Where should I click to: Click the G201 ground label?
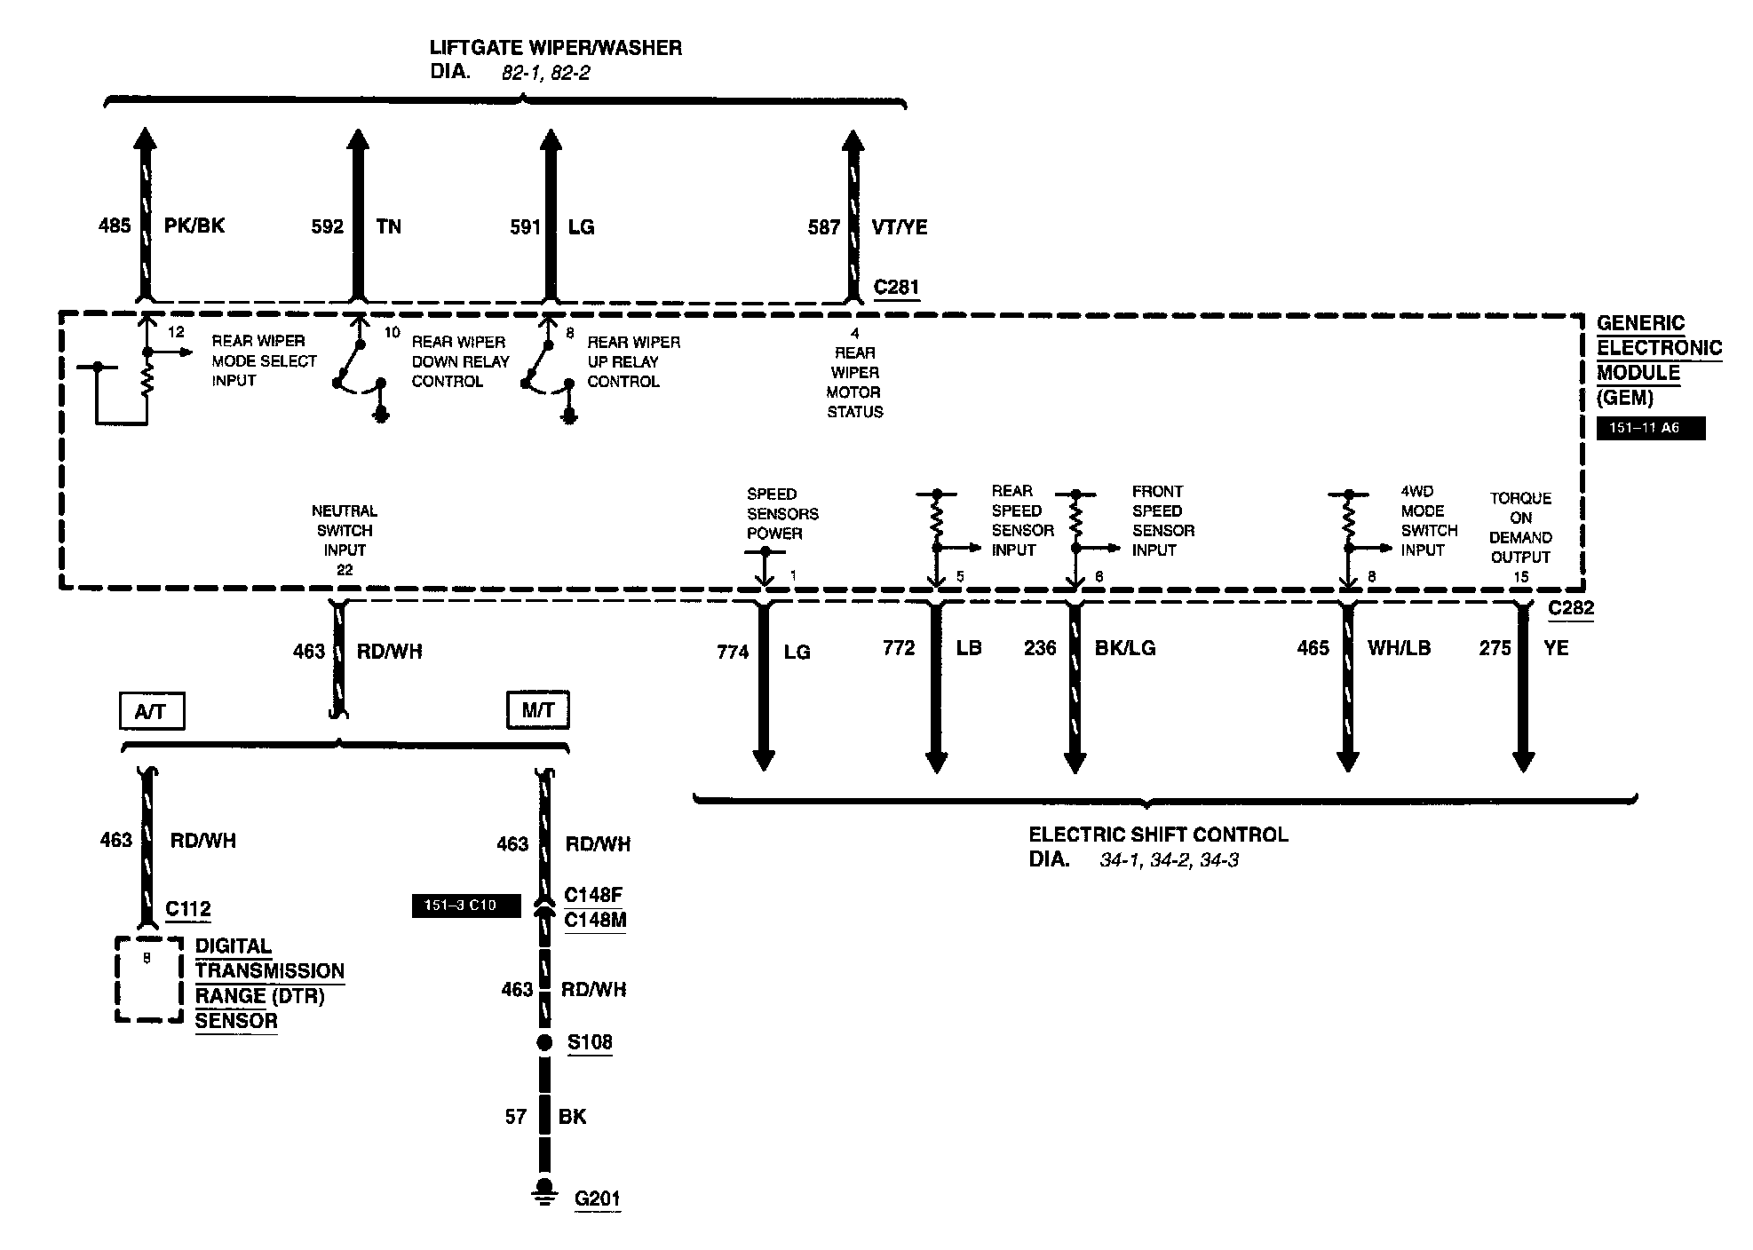coord(597,1199)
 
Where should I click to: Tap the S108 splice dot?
coord(544,1043)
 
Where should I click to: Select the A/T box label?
coord(151,711)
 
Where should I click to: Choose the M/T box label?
coord(537,710)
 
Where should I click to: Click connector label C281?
coord(896,288)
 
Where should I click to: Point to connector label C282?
coord(1571,609)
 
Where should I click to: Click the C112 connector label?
coord(188,909)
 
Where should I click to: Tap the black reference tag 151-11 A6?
coord(1650,428)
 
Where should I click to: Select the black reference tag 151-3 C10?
coord(465,906)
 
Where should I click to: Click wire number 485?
coord(115,225)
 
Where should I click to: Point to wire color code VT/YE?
coord(899,227)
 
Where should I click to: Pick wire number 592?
coord(327,226)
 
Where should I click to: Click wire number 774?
coord(733,653)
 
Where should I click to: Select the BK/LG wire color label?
coord(1125,649)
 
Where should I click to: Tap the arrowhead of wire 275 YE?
coord(1523,762)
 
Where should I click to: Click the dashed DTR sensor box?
coord(149,979)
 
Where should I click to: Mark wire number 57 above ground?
coord(516,1117)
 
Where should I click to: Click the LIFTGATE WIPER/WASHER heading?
coord(556,48)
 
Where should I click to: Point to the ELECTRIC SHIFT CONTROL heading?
coord(1158,835)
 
